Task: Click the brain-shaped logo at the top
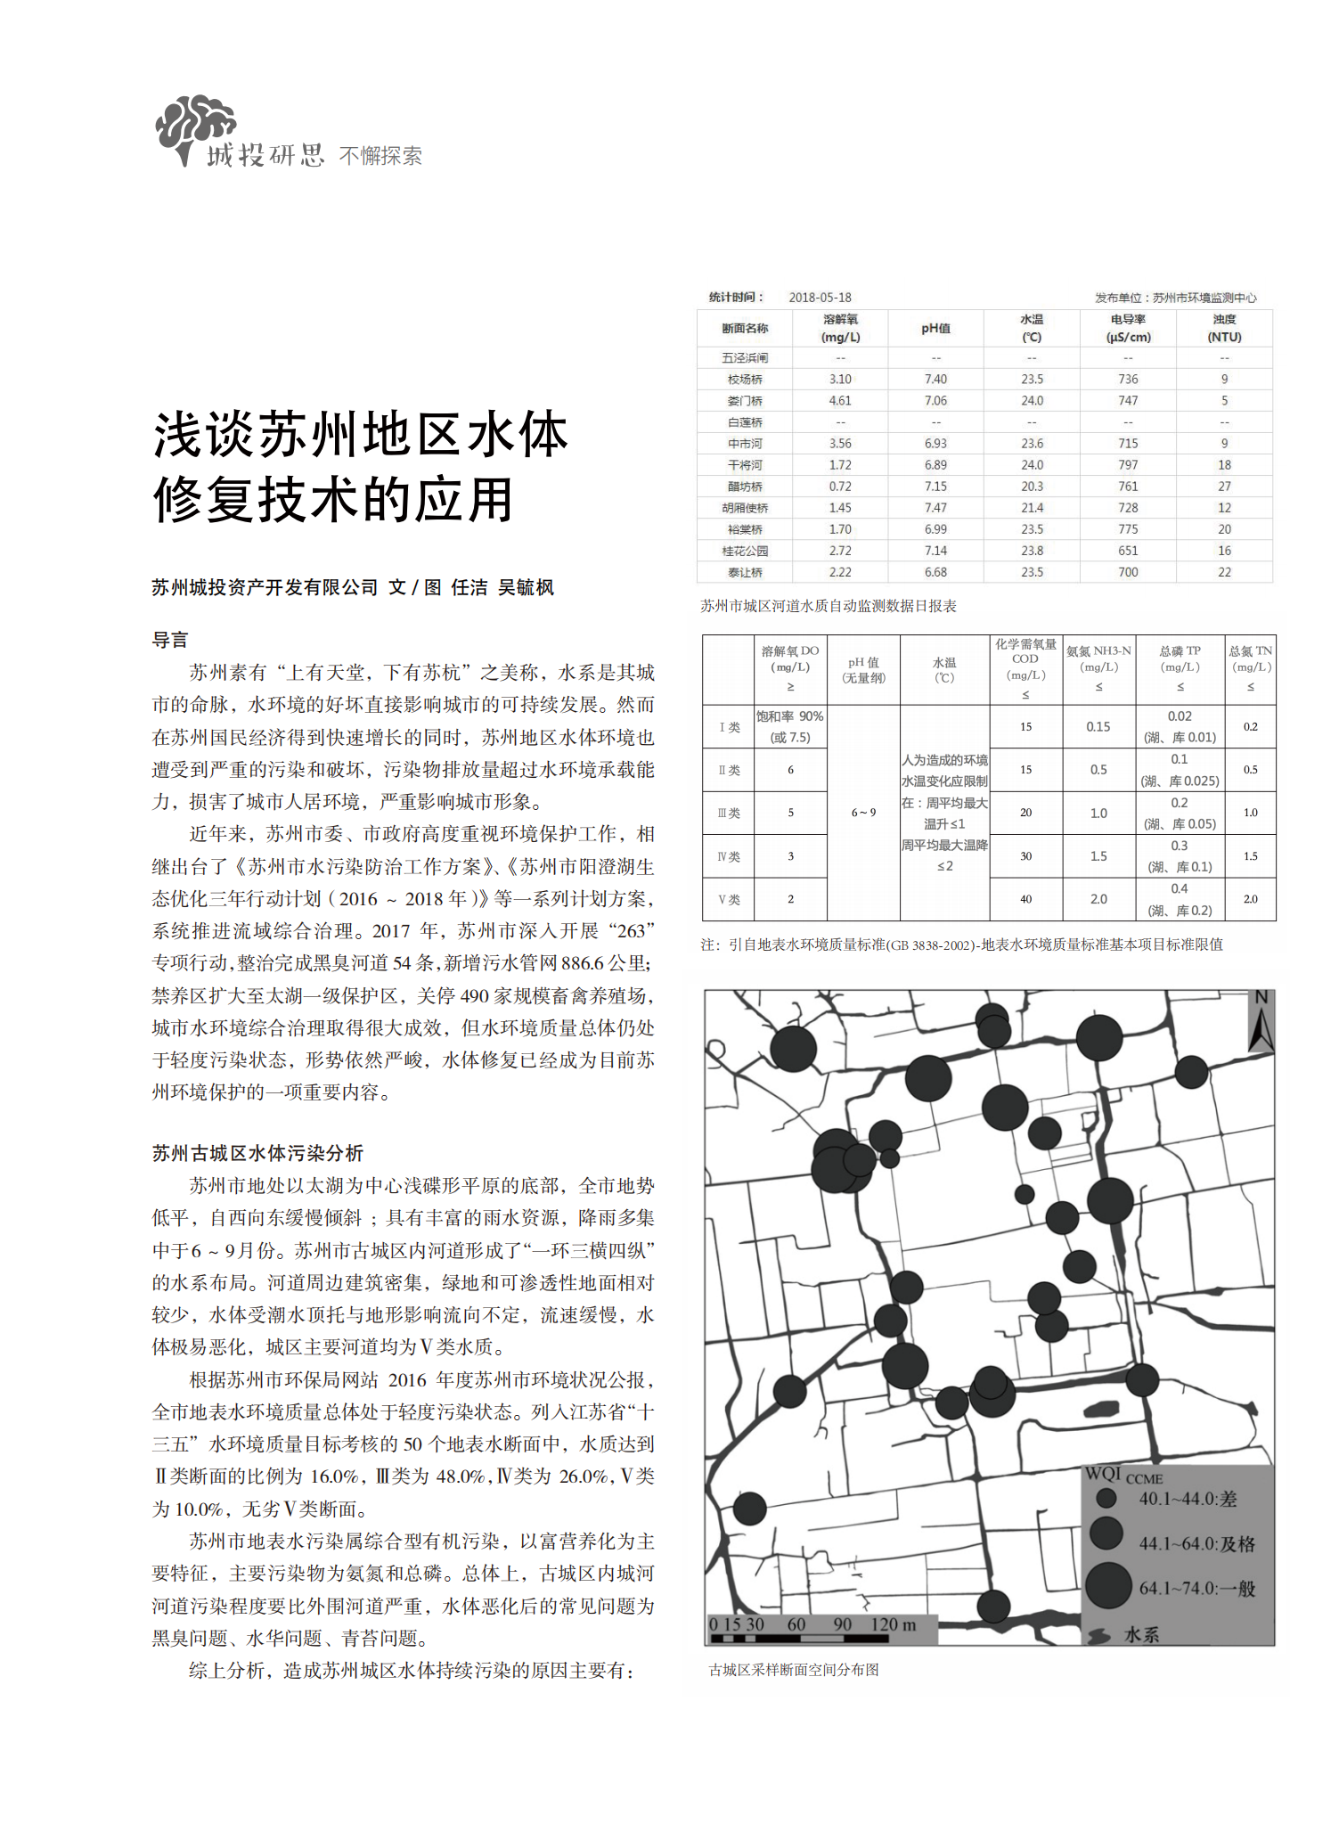[195, 127]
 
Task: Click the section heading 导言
[170, 640]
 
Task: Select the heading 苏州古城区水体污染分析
[257, 1153]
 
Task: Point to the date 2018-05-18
[820, 298]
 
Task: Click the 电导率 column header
[1128, 328]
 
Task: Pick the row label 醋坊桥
[745, 487]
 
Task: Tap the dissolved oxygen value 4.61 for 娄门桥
[839, 401]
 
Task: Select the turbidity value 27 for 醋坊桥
[1224, 487]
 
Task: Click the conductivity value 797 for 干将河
[1128, 465]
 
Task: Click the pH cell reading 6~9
[863, 813]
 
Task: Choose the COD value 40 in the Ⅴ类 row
[1025, 899]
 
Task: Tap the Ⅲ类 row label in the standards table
[728, 813]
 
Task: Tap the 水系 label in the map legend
[1141, 1634]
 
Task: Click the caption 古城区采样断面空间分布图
[794, 1670]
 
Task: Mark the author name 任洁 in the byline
[469, 587]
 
